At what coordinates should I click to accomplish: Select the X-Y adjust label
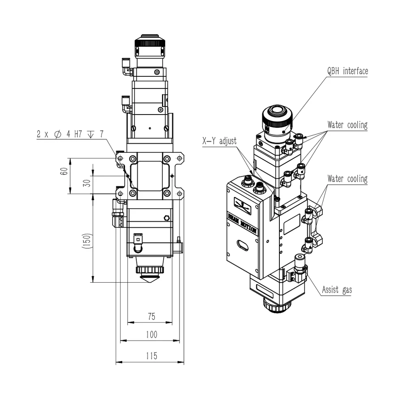pos(219,141)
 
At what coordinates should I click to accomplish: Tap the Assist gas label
pos(337,290)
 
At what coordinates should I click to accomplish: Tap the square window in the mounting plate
pos(150,175)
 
